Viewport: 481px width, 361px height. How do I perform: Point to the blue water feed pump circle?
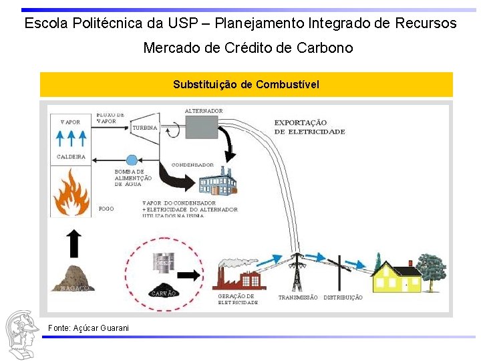point(132,160)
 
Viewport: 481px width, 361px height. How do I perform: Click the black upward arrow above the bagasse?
point(74,243)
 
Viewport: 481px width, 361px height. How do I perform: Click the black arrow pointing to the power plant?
point(190,275)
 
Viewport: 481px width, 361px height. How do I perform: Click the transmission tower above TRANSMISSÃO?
point(295,271)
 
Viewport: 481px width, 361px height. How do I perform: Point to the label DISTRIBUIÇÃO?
point(343,297)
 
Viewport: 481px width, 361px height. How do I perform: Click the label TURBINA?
point(145,128)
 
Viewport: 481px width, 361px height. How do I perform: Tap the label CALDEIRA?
point(71,157)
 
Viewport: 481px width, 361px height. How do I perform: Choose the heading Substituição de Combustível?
point(246,84)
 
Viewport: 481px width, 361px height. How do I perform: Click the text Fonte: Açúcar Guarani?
point(79,327)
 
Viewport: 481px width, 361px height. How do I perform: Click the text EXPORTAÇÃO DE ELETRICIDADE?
point(309,127)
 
